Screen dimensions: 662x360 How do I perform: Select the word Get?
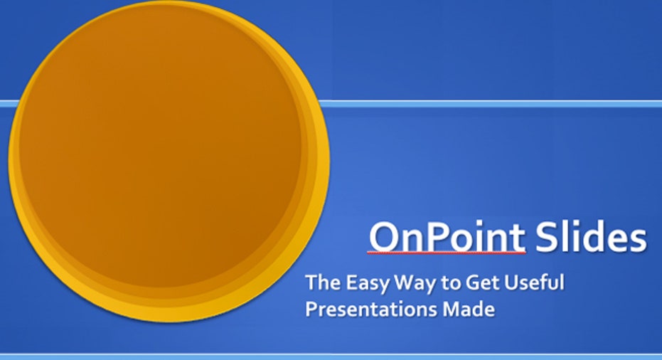pyautogui.click(x=481, y=282)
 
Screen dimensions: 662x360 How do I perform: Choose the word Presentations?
pyautogui.click(x=371, y=309)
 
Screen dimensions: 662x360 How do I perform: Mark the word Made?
pyautogui.click(x=469, y=309)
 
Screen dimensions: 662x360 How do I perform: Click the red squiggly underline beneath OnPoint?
pyautogui.click(x=447, y=253)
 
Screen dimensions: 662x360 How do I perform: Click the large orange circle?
pyautogui.click(x=169, y=162)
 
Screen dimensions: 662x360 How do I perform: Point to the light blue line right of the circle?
pyautogui.click(x=490, y=104)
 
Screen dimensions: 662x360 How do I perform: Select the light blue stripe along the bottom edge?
pyautogui.click(x=331, y=357)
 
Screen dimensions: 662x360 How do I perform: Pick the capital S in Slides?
pyautogui.click(x=545, y=237)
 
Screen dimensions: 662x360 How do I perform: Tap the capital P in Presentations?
pyautogui.click(x=311, y=309)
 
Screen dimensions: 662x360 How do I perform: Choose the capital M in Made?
pyautogui.click(x=452, y=309)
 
